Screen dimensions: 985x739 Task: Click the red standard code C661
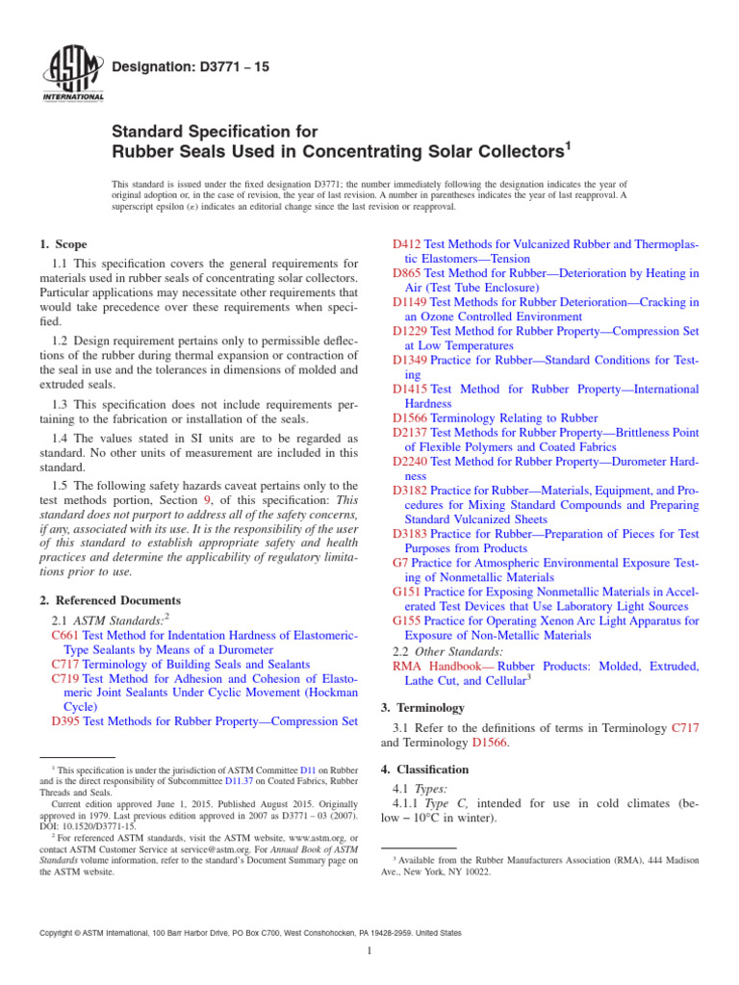(x=64, y=635)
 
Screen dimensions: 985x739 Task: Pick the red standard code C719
(x=64, y=678)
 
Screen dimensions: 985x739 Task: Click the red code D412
(x=407, y=245)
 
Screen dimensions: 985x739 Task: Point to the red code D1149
(x=411, y=302)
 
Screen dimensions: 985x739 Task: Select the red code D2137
(x=411, y=433)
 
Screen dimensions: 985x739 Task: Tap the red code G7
(x=401, y=562)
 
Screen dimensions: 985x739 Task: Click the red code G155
(x=408, y=620)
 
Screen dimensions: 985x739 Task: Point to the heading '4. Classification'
(x=424, y=770)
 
